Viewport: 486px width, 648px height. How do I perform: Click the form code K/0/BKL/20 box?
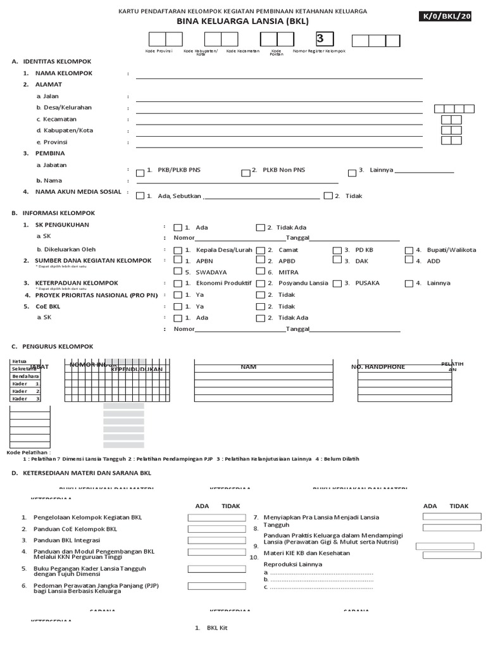453,17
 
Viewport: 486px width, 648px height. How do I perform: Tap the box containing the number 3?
325,39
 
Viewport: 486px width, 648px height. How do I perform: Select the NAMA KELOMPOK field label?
64,73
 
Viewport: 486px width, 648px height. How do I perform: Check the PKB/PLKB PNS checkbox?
140,172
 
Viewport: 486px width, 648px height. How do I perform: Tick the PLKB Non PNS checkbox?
246,172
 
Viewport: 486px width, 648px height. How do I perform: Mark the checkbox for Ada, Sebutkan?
140,196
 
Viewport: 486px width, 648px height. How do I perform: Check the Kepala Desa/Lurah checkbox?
178,251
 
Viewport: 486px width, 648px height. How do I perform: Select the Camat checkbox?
260,251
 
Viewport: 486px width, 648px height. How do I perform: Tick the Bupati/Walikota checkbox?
409,251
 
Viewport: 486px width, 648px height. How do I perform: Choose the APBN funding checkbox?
178,261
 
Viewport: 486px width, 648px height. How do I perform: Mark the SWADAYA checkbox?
178,272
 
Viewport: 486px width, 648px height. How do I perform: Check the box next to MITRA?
260,272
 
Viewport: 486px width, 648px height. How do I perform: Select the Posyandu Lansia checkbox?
260,283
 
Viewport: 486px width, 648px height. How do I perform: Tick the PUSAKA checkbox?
338,283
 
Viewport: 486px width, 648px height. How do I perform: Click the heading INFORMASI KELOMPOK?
59,213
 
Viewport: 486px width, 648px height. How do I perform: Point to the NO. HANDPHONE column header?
378,367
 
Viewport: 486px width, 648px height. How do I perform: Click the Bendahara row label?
25,376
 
